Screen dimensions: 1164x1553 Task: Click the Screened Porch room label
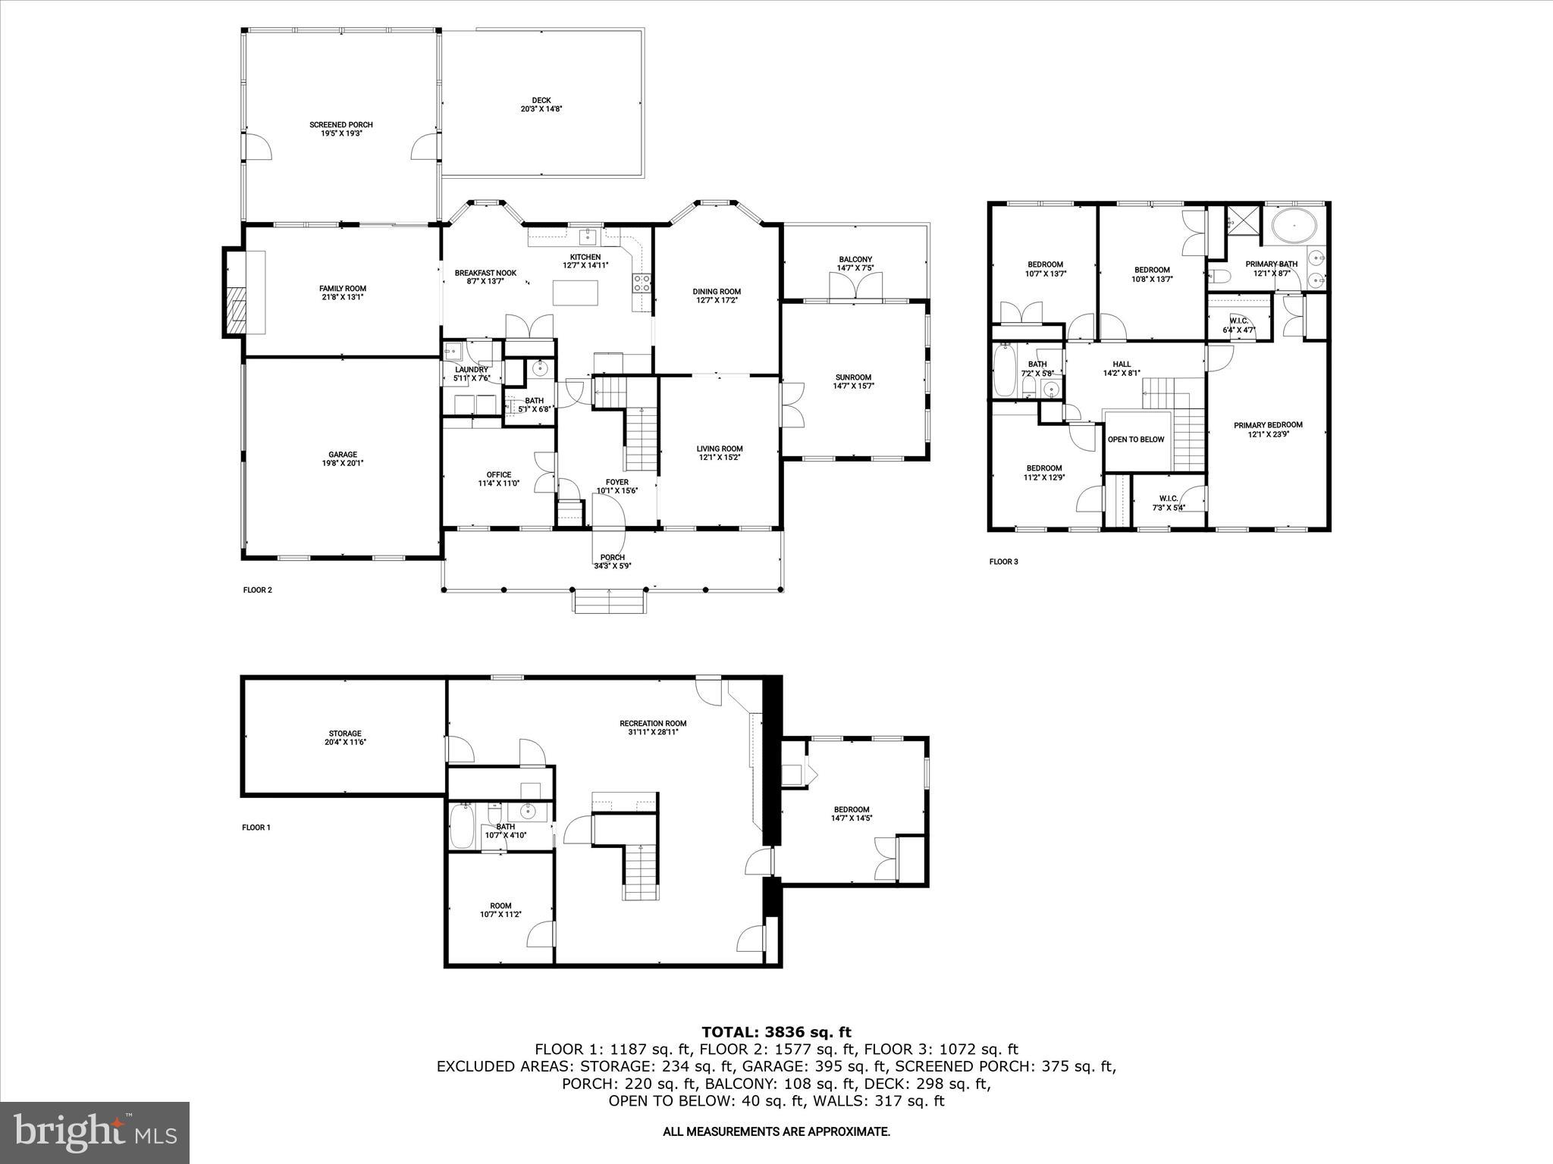pos(340,129)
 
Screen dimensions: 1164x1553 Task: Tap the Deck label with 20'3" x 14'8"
pos(541,105)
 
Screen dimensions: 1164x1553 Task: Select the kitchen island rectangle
pos(575,293)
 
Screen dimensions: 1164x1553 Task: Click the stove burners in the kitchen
pos(642,283)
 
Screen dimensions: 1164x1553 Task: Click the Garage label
pos(343,458)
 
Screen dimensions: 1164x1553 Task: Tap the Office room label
pos(498,479)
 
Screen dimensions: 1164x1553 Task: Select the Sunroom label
pos(853,381)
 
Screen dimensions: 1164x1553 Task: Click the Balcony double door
pos(856,288)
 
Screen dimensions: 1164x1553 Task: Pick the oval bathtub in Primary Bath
pos(1294,226)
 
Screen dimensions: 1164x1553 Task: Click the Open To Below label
pos(1135,440)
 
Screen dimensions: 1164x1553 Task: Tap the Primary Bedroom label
pos(1268,430)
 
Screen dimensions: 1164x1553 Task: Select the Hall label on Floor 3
pos(1122,368)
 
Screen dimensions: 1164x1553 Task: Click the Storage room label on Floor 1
pos(344,737)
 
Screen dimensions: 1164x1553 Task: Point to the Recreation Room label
pos(653,727)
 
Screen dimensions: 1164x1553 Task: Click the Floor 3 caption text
pos(1003,562)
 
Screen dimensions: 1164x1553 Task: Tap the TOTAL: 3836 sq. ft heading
pos(776,1032)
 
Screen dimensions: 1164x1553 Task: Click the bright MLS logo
pos(95,1133)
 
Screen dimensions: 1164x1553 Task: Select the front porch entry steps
pos(610,603)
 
